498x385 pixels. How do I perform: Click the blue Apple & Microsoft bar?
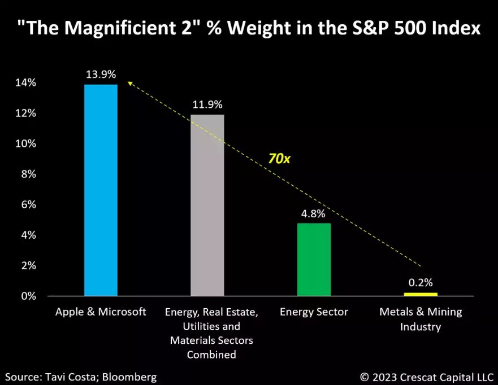101,190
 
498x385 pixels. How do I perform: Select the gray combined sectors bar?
207,205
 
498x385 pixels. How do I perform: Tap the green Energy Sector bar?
314,260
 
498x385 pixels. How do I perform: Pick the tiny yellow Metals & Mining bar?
421,294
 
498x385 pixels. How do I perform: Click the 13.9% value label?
101,75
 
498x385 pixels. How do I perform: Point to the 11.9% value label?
207,104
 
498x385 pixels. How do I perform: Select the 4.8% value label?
313,214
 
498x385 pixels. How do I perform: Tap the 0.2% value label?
421,283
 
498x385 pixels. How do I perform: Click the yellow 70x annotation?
279,159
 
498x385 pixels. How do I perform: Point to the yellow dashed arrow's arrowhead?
130,84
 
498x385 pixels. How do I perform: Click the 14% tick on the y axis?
26,83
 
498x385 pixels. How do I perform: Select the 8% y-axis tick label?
29,174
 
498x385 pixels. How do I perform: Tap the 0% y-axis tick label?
29,296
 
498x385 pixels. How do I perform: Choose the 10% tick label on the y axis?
26,143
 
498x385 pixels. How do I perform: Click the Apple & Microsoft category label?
101,312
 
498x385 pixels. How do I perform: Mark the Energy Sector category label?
314,312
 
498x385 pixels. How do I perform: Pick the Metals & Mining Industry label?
421,320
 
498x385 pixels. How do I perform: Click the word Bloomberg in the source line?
129,377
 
